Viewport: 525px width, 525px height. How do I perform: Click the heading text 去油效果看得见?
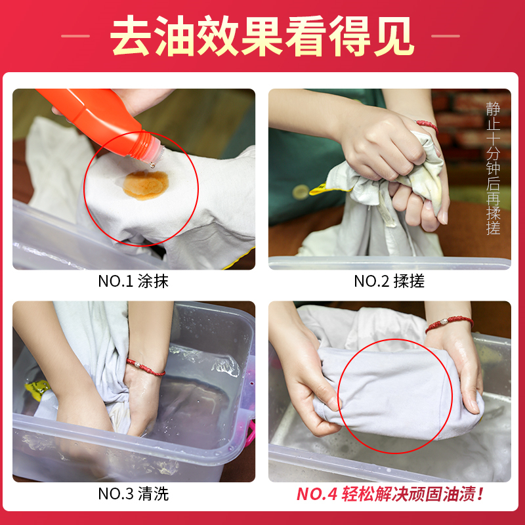(x=262, y=36)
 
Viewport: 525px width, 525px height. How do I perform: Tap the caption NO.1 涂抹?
(x=133, y=282)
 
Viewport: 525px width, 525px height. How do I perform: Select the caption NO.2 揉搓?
(x=389, y=282)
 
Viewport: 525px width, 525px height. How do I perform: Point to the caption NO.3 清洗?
(x=133, y=493)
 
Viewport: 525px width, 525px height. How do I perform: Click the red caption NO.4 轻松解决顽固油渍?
(x=390, y=494)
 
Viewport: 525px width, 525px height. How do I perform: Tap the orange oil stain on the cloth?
(x=146, y=185)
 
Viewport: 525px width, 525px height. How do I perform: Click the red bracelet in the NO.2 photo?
(x=427, y=126)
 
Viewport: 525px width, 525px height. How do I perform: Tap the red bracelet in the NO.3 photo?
(x=145, y=367)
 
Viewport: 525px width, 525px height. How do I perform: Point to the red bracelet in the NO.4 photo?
(x=449, y=323)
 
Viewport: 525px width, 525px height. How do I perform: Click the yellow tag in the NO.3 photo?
(x=37, y=390)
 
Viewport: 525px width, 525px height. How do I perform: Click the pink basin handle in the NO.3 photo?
(x=250, y=434)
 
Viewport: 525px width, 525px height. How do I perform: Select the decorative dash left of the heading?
(x=75, y=36)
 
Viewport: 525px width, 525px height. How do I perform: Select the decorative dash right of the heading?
(x=446, y=36)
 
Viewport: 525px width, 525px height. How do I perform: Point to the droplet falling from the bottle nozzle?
(x=153, y=165)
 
